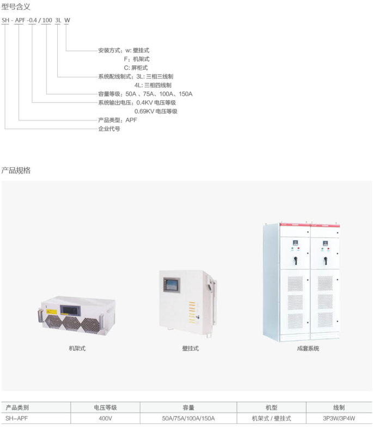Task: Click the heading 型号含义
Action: point(16,7)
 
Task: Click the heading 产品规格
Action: point(16,170)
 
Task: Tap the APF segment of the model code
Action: point(20,20)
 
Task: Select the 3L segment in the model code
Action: point(58,20)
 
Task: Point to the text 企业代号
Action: point(109,129)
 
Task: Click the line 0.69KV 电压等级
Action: point(156,111)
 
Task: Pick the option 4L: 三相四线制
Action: point(152,85)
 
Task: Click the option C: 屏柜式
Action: point(136,68)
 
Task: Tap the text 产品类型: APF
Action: point(118,120)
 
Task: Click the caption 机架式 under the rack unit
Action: point(77,349)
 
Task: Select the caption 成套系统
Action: point(308,349)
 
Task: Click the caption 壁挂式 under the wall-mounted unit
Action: point(191,349)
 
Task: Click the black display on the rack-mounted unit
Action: point(70,309)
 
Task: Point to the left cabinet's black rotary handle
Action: point(295,260)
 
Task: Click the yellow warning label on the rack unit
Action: point(52,312)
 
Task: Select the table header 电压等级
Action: point(106,407)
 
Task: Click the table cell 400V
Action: point(106,418)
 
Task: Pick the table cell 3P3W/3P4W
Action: point(339,418)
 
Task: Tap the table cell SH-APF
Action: point(16,418)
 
